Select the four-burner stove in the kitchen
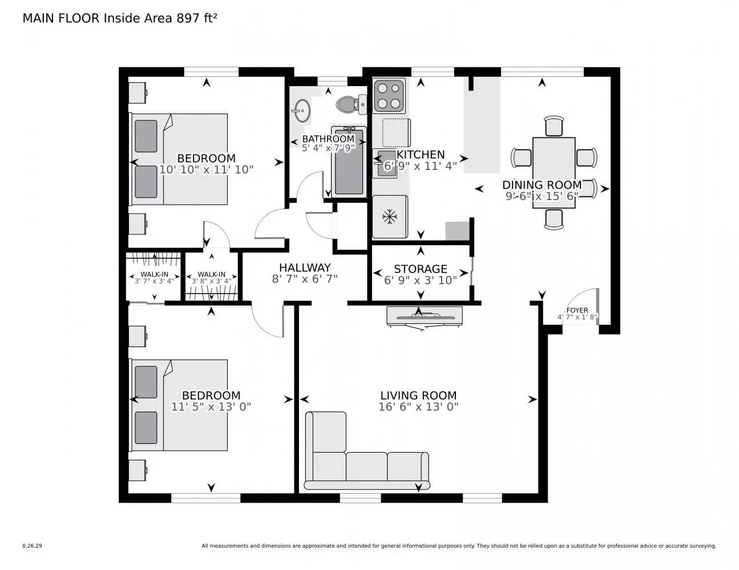tap(389, 96)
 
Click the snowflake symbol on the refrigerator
tap(390, 217)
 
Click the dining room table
tap(554, 172)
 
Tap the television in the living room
tap(424, 316)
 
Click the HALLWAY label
tap(305, 267)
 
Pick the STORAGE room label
tap(421, 268)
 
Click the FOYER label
tap(577, 310)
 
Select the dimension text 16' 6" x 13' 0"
tap(418, 407)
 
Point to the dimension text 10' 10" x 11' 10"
tap(206, 170)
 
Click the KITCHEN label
tap(421, 154)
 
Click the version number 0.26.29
tap(32, 545)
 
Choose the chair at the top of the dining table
tap(554, 126)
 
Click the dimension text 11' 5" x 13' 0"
tap(211, 407)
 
